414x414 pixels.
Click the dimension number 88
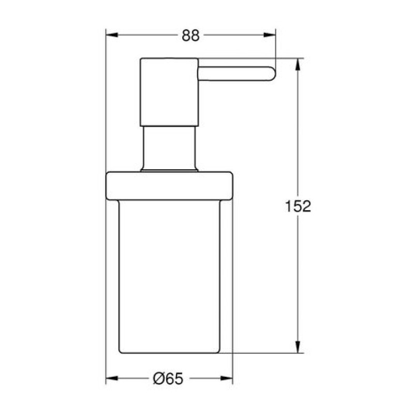point(190,36)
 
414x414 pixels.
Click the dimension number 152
point(298,206)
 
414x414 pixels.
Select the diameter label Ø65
point(168,379)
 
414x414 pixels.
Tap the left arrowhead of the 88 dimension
point(112,35)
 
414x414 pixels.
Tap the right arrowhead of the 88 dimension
point(270,35)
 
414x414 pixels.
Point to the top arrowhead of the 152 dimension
point(298,64)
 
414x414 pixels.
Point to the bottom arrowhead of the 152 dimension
point(298,347)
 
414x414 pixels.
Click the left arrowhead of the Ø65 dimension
point(112,378)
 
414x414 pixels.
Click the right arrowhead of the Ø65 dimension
point(227,378)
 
